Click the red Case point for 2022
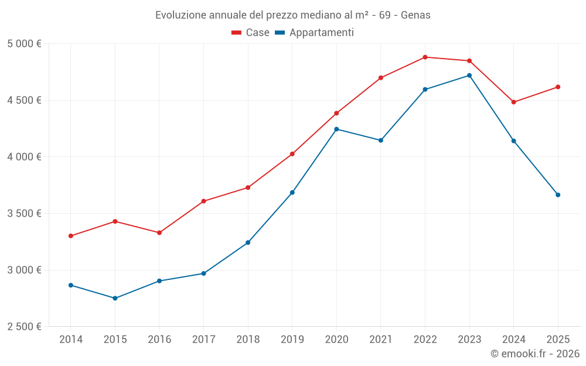425,57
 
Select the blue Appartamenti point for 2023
469,76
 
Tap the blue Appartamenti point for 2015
115,298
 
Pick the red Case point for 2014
70,236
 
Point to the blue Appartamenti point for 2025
558,195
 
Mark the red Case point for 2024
514,102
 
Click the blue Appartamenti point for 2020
336,129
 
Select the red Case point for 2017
203,201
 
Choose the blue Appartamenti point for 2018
248,242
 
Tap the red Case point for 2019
292,154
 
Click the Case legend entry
251,33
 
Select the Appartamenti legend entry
315,33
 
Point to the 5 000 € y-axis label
24,44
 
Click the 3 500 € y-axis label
24,214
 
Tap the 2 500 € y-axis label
24,327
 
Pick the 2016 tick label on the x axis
159,340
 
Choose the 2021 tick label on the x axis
381,340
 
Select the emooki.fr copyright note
534,354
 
